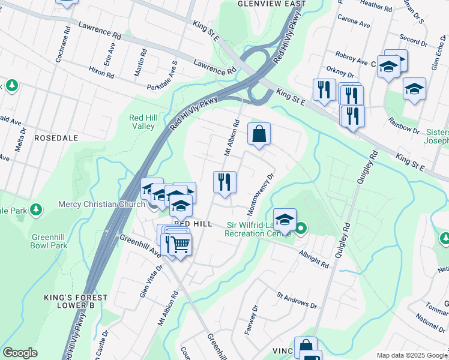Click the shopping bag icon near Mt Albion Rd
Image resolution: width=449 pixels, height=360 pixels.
(x=259, y=134)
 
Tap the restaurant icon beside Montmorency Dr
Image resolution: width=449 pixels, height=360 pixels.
(x=224, y=182)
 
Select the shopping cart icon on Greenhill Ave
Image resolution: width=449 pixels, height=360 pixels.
(x=179, y=245)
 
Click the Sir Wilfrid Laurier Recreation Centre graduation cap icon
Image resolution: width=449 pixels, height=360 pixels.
(x=285, y=220)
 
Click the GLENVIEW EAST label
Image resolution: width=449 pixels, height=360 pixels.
(x=271, y=4)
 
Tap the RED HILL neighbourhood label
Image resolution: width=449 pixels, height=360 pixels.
(x=193, y=223)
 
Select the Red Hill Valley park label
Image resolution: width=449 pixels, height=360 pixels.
(x=144, y=122)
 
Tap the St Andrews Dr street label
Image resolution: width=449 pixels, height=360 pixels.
(x=297, y=301)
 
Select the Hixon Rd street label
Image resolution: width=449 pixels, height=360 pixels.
(x=101, y=73)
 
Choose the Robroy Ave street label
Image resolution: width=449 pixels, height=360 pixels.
(x=352, y=61)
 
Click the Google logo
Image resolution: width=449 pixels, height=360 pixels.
(x=20, y=353)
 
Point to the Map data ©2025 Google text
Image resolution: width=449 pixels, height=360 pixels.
(x=411, y=355)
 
